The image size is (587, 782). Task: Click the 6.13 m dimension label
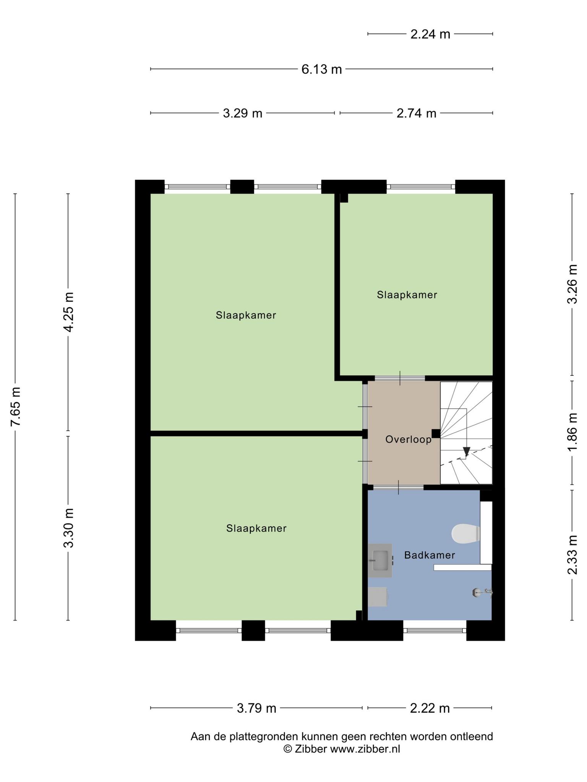(x=321, y=69)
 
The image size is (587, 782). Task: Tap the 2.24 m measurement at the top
(x=430, y=34)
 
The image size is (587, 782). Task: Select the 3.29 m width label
(x=243, y=113)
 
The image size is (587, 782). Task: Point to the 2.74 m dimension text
(x=416, y=113)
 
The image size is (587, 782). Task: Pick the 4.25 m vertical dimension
(x=68, y=312)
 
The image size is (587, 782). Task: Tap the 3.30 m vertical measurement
(x=68, y=528)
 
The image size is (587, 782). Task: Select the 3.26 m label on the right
(x=572, y=284)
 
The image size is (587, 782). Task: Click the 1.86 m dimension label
(x=572, y=432)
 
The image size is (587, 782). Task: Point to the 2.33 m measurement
(x=572, y=555)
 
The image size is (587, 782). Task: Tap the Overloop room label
(x=409, y=439)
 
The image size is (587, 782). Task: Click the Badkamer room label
(x=430, y=555)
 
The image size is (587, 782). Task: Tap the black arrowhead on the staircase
(x=466, y=452)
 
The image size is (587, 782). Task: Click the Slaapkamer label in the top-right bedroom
(x=407, y=295)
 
